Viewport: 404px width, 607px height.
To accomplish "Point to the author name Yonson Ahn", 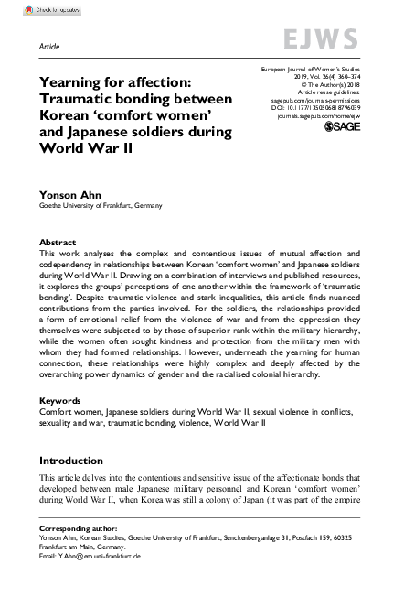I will [64, 194].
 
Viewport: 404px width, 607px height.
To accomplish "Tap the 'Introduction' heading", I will [70, 460].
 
